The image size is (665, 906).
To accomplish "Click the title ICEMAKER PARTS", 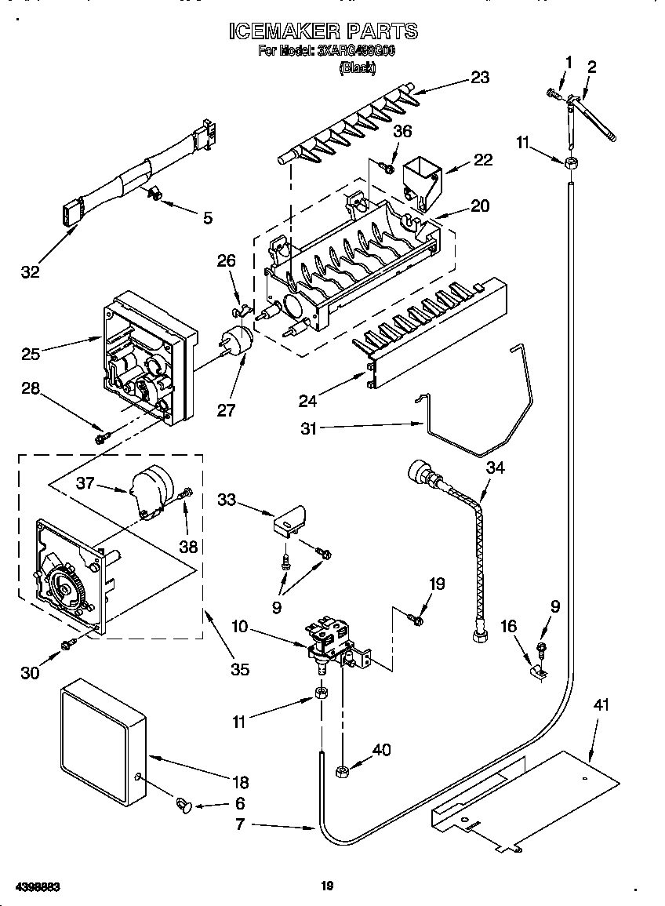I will (x=323, y=31).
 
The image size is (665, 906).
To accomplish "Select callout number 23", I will (x=480, y=77).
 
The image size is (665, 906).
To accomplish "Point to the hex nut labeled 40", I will (x=343, y=771).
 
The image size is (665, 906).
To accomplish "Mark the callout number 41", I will (x=601, y=706).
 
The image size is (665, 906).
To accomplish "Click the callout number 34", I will (x=496, y=468).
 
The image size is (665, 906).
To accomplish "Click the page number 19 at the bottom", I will (x=328, y=886).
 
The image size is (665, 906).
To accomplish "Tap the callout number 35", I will (x=239, y=668).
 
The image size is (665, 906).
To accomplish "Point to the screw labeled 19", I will (x=416, y=620).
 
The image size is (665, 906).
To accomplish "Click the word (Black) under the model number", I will (x=357, y=69).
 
